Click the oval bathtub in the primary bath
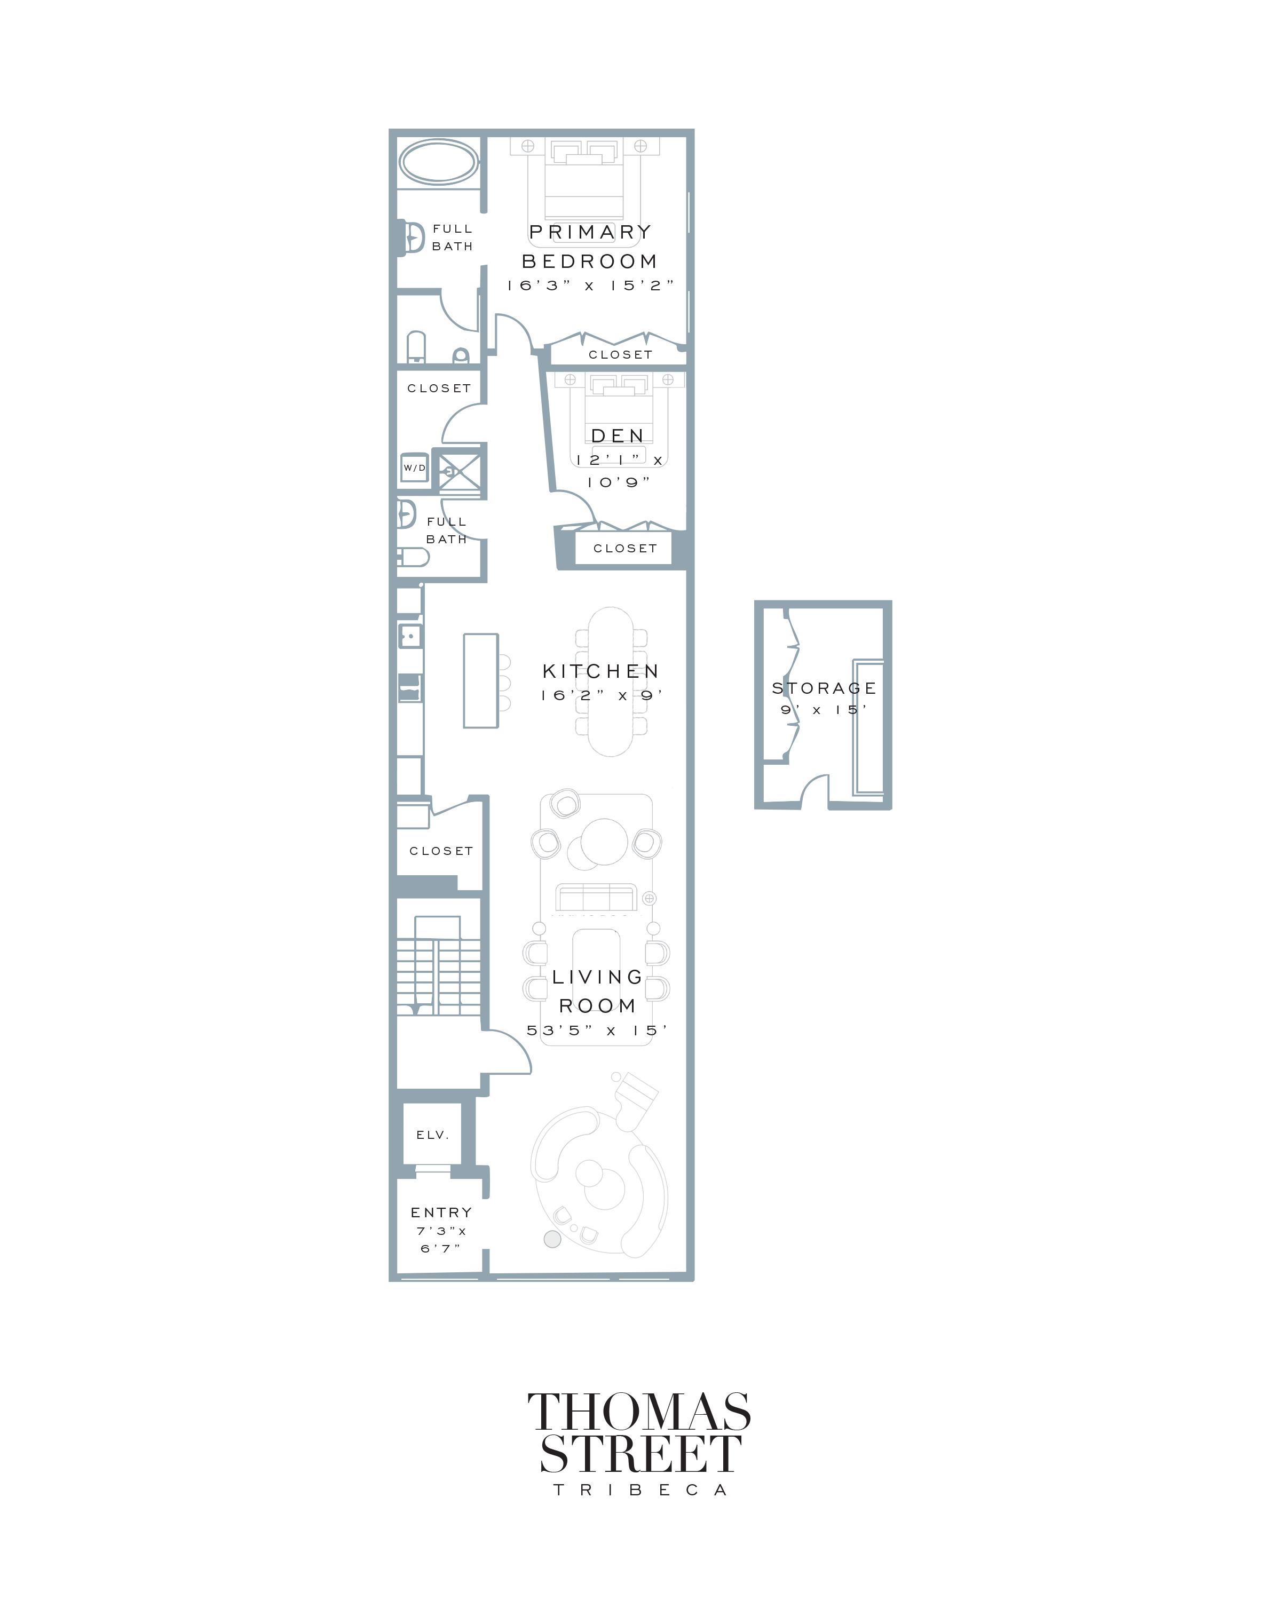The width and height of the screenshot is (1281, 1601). coord(438,162)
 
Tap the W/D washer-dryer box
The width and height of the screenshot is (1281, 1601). coord(414,468)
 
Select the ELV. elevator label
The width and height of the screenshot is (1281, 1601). coord(432,1135)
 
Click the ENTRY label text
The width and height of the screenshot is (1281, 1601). coord(441,1212)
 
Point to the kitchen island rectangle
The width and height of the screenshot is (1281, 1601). coord(480,680)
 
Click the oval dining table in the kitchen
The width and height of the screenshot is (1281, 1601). coord(611,681)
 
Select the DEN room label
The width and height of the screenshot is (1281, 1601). coord(617,436)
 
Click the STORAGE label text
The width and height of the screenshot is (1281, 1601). coord(824,688)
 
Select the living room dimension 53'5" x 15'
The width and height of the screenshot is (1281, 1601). coord(597,1031)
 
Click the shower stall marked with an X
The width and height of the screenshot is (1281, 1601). coord(459,471)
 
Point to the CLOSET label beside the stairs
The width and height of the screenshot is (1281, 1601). coord(441,851)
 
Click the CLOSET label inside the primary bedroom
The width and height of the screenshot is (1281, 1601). coord(620,355)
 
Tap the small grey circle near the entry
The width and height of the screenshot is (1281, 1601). coord(552,1239)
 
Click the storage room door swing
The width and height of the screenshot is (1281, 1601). coord(816,789)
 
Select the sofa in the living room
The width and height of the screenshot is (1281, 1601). coord(596,897)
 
